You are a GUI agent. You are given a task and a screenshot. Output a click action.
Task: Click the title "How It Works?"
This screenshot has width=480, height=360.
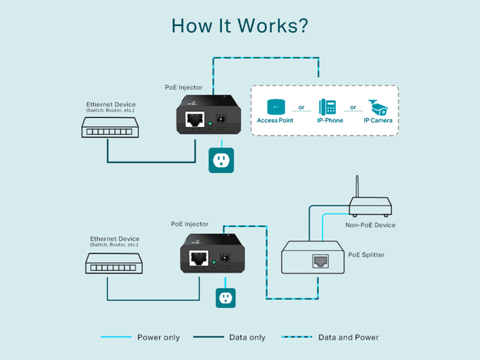click(239, 25)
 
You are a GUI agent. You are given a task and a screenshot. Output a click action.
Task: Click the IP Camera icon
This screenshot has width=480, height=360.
click(379, 107)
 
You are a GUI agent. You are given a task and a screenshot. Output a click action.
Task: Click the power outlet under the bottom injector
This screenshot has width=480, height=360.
click(226, 298)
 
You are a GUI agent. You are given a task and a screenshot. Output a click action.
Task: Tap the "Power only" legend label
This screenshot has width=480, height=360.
click(158, 338)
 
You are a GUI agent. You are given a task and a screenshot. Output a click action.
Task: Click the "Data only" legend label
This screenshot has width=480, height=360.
click(247, 338)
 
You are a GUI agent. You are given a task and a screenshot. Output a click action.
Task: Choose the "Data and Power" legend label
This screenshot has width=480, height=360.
click(349, 338)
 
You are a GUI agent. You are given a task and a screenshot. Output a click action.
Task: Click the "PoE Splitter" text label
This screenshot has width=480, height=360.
click(367, 254)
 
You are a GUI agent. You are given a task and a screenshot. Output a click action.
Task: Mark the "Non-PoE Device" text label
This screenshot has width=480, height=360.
click(370, 225)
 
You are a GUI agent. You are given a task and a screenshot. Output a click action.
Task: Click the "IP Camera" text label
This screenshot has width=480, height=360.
click(378, 121)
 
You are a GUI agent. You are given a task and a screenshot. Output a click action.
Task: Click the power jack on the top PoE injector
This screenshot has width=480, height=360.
click(221, 119)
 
